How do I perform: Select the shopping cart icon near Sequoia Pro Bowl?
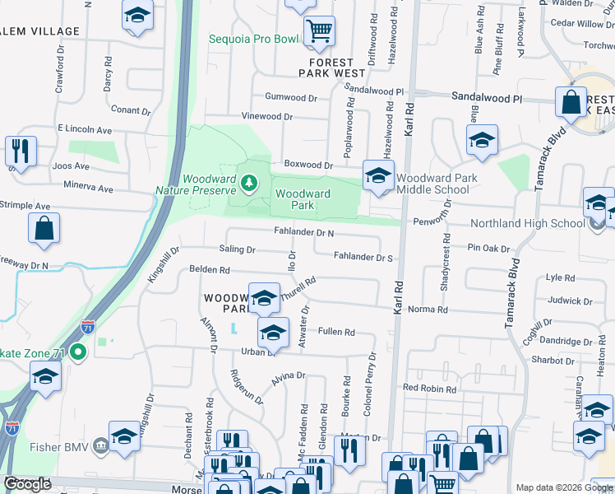[x=319, y=31]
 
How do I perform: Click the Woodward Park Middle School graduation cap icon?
[x=378, y=176]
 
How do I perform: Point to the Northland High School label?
[x=527, y=223]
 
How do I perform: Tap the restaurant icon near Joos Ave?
[x=20, y=150]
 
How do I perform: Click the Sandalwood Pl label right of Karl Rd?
[x=487, y=97]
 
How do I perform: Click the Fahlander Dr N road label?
[x=303, y=233]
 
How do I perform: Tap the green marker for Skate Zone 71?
[x=78, y=353]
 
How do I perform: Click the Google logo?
[x=27, y=484]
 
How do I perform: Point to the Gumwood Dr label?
[x=291, y=97]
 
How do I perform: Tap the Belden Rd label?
[x=210, y=269]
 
